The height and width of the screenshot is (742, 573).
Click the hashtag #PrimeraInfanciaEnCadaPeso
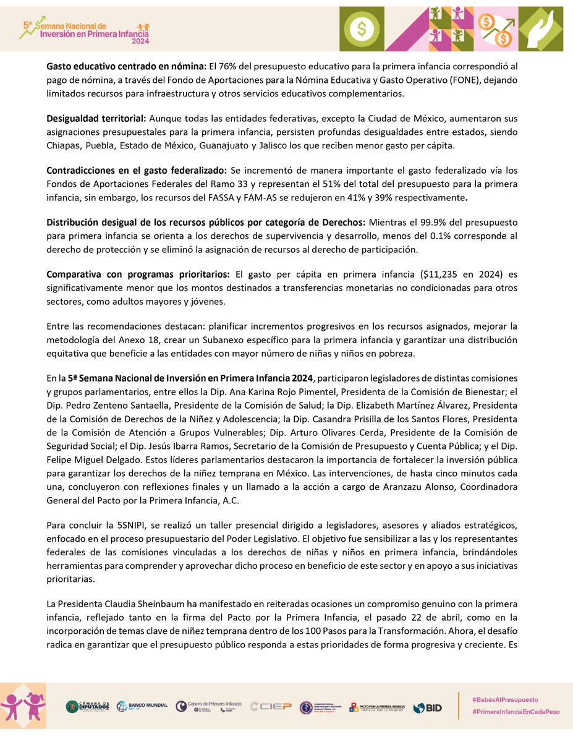click(x=515, y=712)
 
